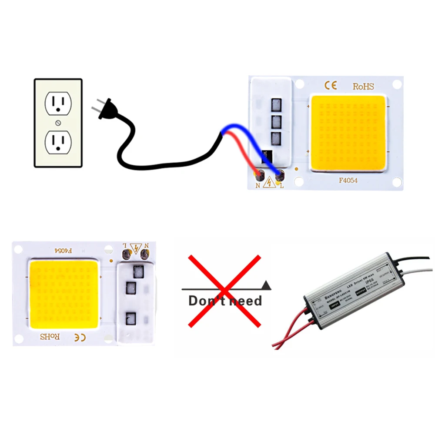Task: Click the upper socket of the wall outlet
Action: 58,104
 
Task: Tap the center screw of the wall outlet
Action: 58,123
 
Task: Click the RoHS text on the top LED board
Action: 363,86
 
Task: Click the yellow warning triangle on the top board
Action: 270,182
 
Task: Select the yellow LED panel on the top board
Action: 348,133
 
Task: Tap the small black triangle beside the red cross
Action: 266,285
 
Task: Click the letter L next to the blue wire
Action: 281,186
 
